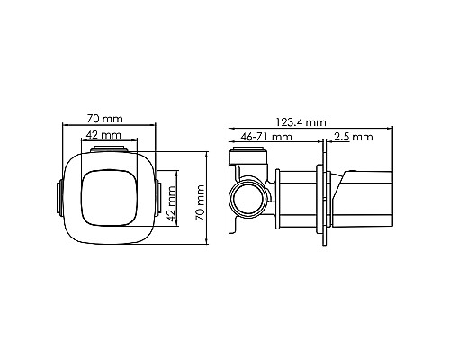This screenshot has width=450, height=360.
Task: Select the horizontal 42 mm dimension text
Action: [104, 134]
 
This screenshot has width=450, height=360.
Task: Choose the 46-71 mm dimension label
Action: [267, 137]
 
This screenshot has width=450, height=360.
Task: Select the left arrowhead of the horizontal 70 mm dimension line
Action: [62, 124]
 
